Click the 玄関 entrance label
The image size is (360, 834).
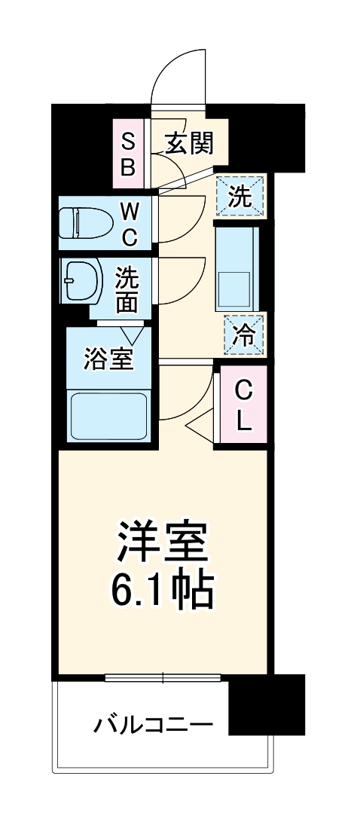tap(188, 142)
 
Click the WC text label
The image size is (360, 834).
tap(130, 222)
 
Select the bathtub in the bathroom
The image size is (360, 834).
tap(108, 415)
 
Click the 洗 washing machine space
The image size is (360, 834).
tap(240, 197)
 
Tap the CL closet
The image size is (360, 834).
tap(243, 406)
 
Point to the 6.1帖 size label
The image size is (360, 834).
tap(162, 592)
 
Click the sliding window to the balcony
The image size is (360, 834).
tap(162, 677)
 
